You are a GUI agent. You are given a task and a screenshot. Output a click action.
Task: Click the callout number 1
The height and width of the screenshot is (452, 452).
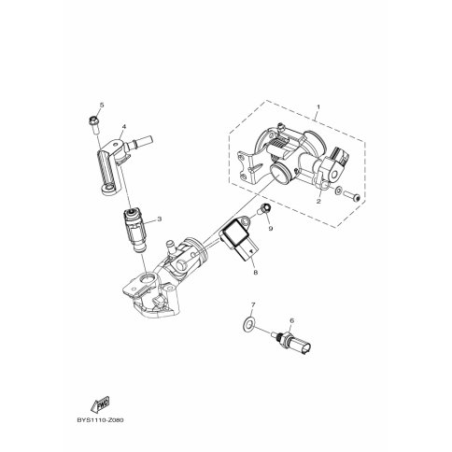(x=318, y=107)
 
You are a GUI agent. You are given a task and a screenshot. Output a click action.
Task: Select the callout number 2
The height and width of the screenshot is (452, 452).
(x=318, y=202)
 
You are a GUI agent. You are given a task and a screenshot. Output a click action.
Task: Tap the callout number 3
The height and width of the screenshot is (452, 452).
(x=160, y=219)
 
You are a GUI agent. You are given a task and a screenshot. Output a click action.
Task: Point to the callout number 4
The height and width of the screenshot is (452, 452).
(x=124, y=127)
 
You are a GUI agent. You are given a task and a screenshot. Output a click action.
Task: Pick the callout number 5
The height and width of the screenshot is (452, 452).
(x=102, y=105)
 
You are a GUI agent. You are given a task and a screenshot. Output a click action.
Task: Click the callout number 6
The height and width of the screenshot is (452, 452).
(x=291, y=320)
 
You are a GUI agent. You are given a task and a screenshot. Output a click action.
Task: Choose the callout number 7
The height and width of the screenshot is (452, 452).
(x=253, y=304)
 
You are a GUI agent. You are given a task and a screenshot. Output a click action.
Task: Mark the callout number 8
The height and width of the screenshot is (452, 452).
(x=256, y=273)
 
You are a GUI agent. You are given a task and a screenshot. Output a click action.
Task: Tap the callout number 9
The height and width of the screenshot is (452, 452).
(x=271, y=229)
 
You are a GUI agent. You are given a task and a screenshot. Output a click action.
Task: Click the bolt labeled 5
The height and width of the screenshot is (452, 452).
(x=93, y=124)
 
